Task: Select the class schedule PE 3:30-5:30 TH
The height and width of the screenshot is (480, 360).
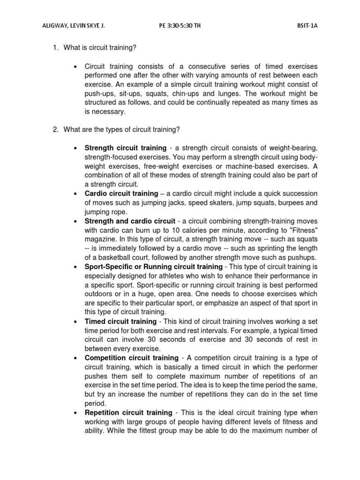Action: tap(180, 26)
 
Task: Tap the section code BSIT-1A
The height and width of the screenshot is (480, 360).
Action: tap(307, 26)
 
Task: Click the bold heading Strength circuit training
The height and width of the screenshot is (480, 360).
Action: tap(125, 148)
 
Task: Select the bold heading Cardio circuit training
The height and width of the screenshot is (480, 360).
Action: tap(121, 193)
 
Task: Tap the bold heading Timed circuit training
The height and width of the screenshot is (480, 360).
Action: tap(120, 321)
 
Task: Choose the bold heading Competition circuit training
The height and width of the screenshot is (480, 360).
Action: tap(131, 358)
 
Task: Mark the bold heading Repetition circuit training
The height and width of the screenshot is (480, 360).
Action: tap(128, 412)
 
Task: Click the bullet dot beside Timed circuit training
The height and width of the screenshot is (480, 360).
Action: tap(75, 322)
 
